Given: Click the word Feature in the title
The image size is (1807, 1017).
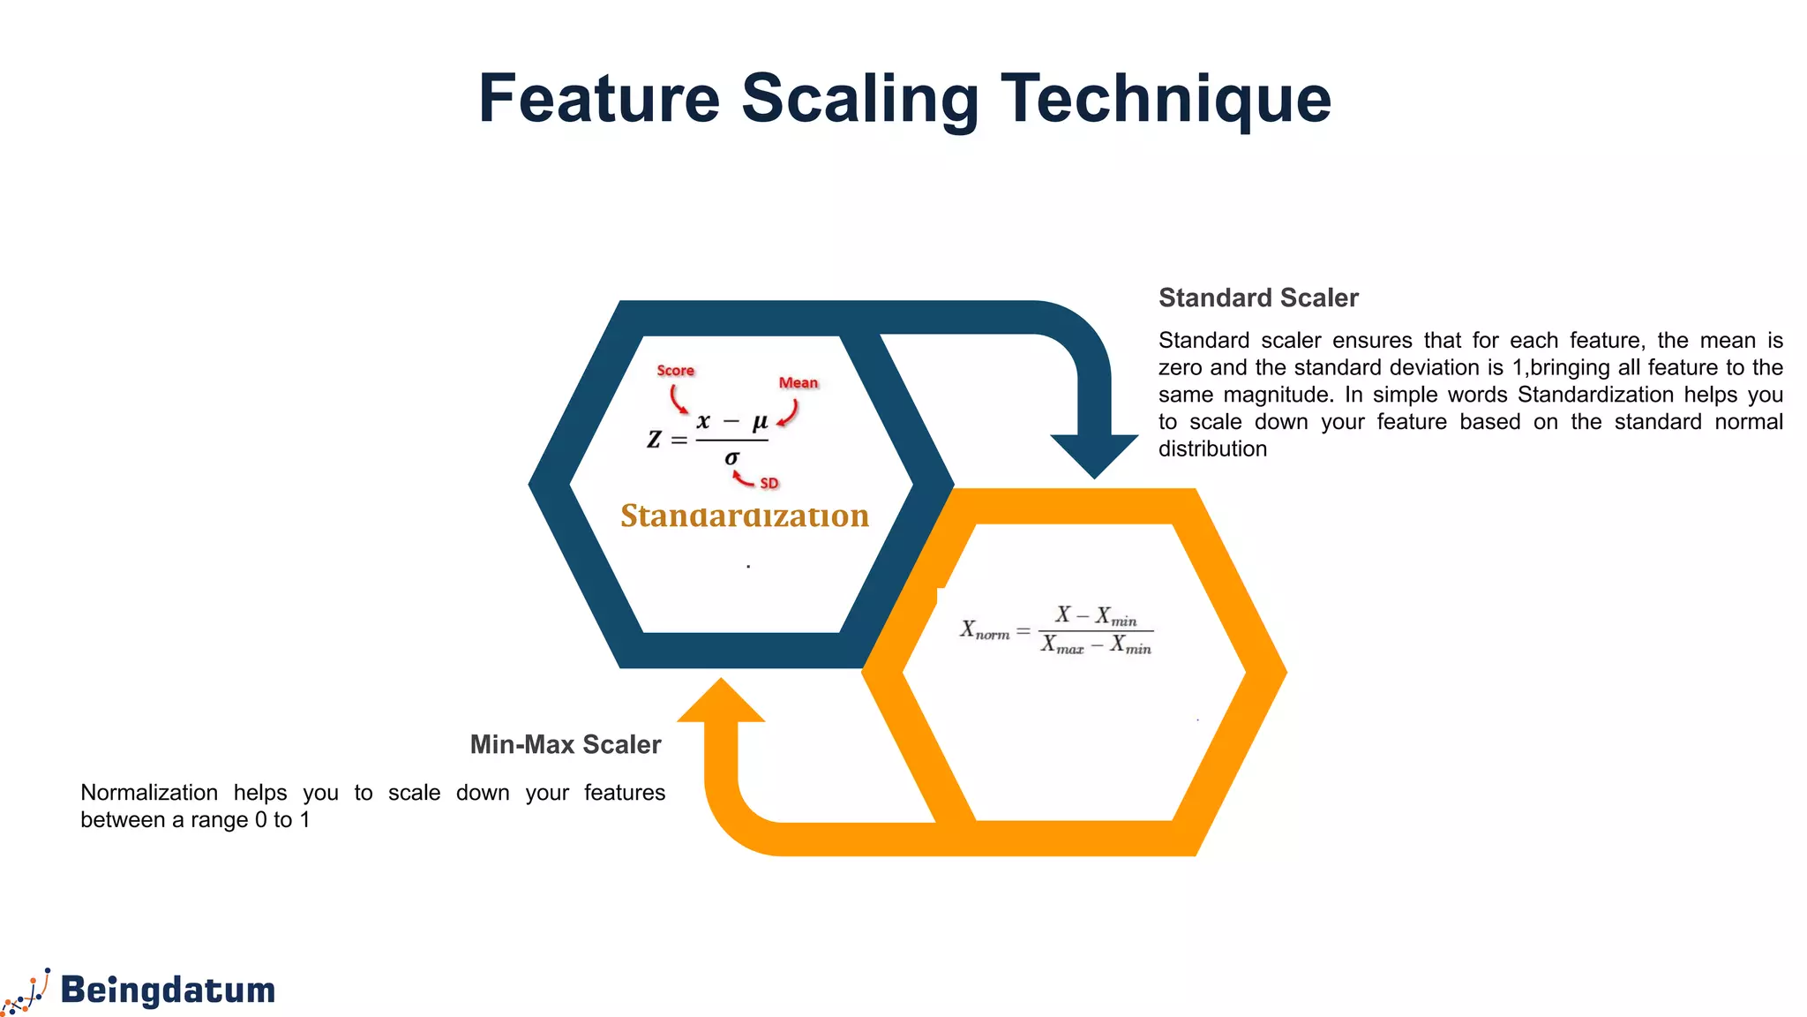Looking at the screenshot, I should pos(599,98).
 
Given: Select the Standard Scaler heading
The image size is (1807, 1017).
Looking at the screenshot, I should pos(1258,298).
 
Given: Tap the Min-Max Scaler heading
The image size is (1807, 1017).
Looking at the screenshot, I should pos(565,745).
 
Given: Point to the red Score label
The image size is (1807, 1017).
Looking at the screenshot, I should pos(675,371).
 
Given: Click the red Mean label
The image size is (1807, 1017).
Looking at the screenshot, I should pos(798,383).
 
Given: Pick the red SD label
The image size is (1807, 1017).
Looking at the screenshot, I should pos(769,484).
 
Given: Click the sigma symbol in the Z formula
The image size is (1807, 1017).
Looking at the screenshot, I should pos(731,457).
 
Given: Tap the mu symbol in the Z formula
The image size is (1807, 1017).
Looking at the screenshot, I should pos(760,421).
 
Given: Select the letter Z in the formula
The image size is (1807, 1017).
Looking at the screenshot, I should pos(654,439).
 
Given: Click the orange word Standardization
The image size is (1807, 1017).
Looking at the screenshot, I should pos(745,516).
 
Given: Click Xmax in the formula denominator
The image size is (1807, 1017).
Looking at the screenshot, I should pos(1061,645).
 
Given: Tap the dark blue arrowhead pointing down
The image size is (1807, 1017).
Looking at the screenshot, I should pos(1094,454).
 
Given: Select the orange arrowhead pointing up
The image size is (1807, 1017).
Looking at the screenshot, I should pos(721,702).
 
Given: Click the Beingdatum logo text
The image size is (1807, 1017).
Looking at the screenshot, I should pos(168,991).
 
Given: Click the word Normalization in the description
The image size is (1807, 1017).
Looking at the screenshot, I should pos(149,793).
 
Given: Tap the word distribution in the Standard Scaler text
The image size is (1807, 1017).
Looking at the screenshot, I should pos(1212,449).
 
